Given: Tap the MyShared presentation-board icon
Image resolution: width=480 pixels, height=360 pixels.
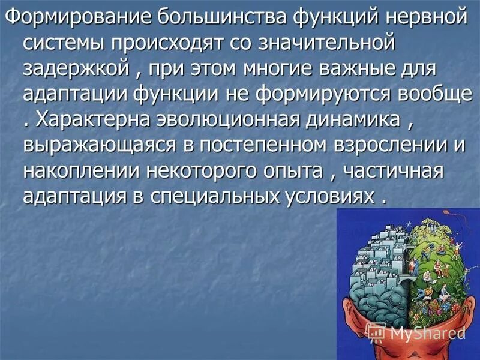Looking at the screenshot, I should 377,331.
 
